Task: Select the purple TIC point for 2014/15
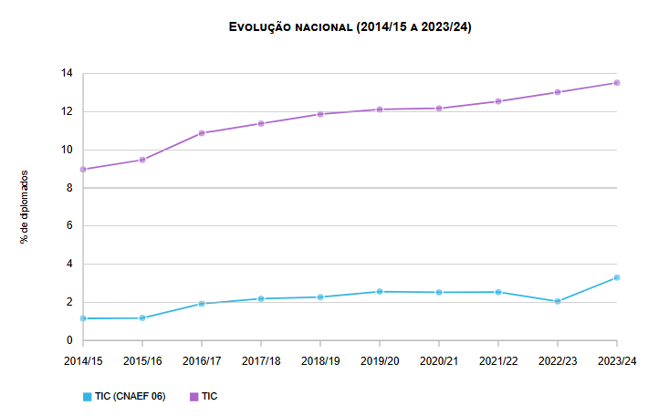[x=83, y=170]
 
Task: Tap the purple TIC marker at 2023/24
[x=617, y=83]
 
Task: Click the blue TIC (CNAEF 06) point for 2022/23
[x=558, y=301]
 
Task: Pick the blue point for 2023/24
[x=617, y=277]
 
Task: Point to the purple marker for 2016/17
[x=202, y=133]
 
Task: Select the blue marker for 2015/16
[x=142, y=317]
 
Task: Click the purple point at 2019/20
[x=380, y=109]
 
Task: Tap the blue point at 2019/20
[x=380, y=292]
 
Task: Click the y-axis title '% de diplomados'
[x=25, y=206]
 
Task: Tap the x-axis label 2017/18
[x=261, y=360]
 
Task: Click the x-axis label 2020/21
[x=439, y=360]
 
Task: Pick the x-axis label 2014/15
[x=83, y=360]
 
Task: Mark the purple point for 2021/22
[x=498, y=101]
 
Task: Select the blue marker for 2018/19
[x=320, y=296]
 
